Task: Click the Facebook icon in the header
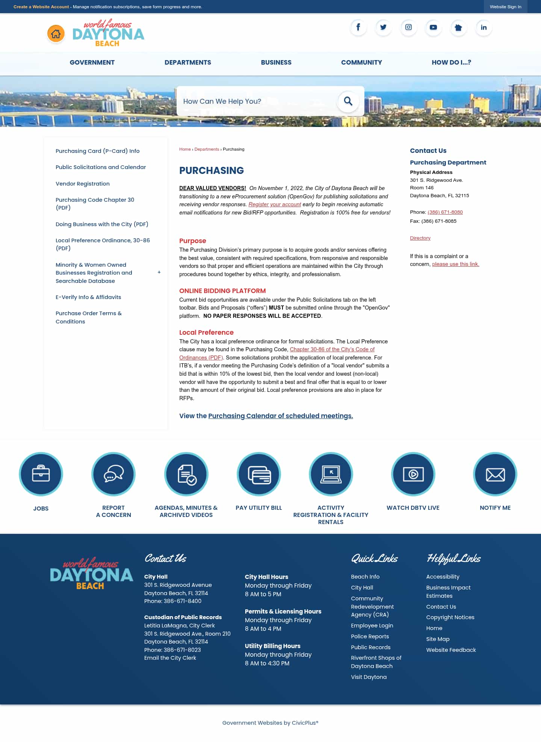click(358, 27)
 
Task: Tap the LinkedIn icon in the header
click(484, 27)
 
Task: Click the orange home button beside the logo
click(56, 34)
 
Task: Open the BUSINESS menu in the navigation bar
click(276, 62)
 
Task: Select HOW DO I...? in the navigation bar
click(451, 62)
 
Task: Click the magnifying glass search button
click(348, 101)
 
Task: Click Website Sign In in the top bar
click(505, 7)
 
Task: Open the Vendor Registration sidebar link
click(83, 184)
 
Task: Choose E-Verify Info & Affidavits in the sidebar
click(88, 297)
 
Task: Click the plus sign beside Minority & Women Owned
click(159, 272)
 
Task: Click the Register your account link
click(275, 204)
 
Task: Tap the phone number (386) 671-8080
click(445, 212)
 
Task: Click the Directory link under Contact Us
click(420, 238)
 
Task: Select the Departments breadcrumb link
click(207, 149)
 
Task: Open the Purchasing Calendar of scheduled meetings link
click(280, 416)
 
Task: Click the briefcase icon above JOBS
click(41, 474)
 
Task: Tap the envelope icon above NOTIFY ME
click(495, 474)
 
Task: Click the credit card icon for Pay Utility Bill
click(259, 474)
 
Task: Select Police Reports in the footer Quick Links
click(370, 636)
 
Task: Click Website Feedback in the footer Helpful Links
click(451, 650)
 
